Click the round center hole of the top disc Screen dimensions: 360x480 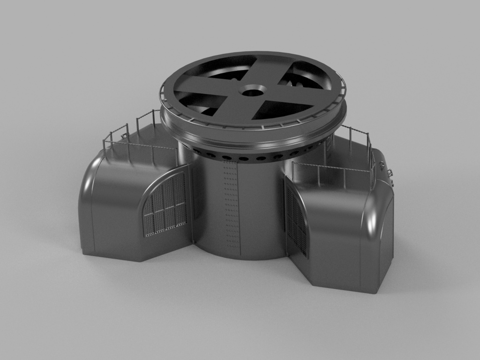252,90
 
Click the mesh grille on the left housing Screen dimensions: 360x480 165,206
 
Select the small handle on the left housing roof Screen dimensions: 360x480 125,136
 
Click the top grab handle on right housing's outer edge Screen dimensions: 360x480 382,164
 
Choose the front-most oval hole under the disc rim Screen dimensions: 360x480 243,159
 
